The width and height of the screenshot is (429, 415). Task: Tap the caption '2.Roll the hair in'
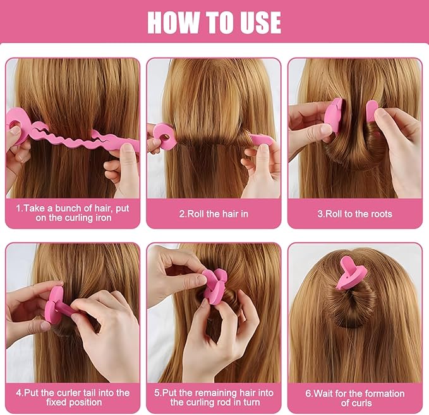coord(214,214)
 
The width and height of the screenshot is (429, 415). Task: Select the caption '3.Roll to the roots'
coord(355,214)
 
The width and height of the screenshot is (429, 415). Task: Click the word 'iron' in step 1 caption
coord(103,218)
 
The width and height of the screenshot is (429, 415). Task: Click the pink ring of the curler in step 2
coord(164,136)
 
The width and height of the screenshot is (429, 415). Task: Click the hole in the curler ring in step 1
coord(13,125)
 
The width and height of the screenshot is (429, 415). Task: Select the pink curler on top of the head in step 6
coord(351,272)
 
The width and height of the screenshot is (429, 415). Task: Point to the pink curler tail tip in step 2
coord(270,141)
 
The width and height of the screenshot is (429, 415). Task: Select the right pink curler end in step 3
coord(372,111)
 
